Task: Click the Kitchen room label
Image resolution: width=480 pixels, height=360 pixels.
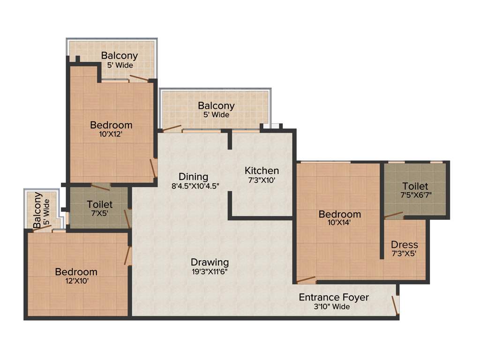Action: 262,171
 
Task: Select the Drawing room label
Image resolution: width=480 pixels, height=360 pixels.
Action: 210,262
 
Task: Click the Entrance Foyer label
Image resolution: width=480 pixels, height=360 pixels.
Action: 334,297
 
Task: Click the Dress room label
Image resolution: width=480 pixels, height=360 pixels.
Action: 404,245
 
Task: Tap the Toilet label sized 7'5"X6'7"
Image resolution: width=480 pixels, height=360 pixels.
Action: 415,186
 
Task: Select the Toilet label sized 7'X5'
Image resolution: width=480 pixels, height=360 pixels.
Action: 99,204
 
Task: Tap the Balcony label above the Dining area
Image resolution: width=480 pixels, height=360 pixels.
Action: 216,106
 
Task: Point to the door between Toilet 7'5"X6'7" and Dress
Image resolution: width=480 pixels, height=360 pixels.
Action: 393,216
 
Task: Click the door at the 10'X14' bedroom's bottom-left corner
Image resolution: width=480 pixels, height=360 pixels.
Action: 306,280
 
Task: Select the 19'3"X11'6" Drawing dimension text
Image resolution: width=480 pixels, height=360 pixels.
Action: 210,271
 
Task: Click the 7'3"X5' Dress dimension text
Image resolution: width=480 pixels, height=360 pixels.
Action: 404,254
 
